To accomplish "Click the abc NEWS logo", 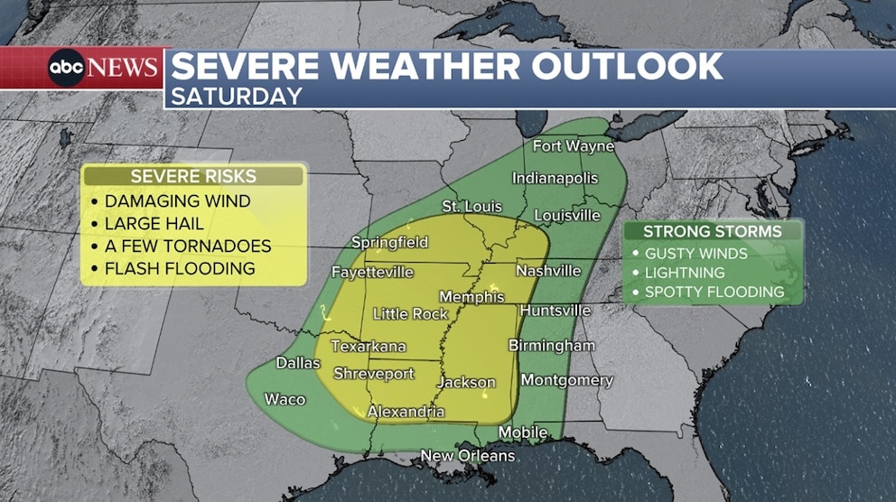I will pos(104,68).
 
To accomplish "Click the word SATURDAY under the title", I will pos(237,96).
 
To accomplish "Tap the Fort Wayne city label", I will pos(573,146).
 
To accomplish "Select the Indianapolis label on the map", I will pos(555,178).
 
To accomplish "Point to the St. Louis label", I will pos(471,207).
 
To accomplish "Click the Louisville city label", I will pos(567,216).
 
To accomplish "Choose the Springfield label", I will pos(389,243).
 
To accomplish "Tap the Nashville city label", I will pos(548,271).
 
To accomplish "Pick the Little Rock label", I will pos(410,314).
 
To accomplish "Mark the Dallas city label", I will pos(298,363).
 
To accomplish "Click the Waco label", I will pos(285,399).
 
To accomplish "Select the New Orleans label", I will pos(468,456).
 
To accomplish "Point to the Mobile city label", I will pos(523,432).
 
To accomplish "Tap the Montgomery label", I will pos(566,380).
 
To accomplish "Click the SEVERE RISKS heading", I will pos(193,176).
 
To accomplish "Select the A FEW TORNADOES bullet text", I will pos(187,246).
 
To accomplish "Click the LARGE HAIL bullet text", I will pos(154,224).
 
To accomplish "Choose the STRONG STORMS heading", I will pos(713,232).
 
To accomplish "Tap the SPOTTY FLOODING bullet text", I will pos(714,292).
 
